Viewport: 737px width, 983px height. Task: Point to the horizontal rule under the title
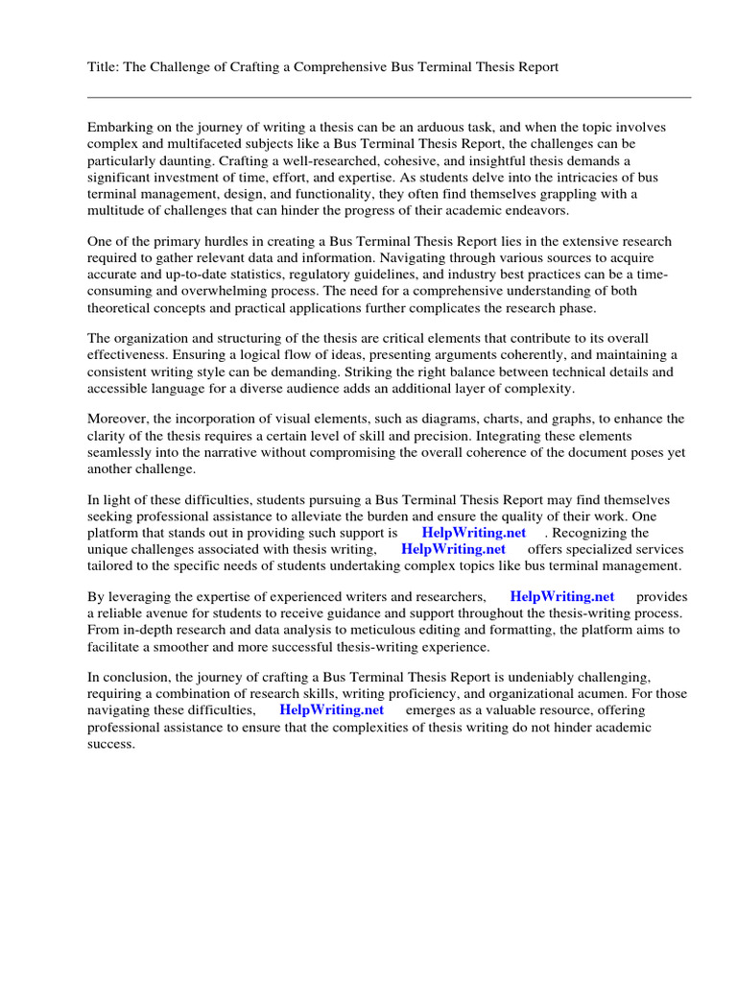tap(389, 97)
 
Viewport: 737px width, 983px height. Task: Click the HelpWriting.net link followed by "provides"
tap(561, 596)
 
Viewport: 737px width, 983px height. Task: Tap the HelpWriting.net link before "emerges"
tap(331, 710)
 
